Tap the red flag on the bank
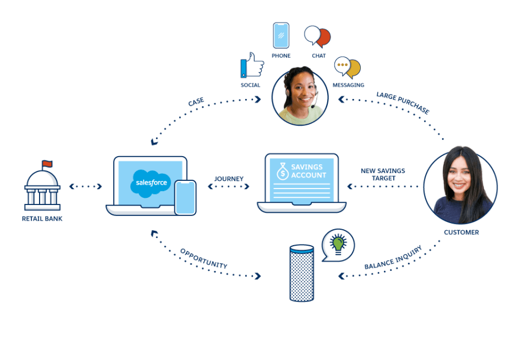pos(47,163)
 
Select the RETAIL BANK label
pos(42,219)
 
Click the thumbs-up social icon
pos(252,65)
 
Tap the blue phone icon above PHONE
pos(281,35)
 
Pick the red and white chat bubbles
pos(317,36)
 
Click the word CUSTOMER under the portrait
pos(461,232)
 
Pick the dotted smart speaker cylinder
pos(302,273)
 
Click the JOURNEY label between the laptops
pos(229,179)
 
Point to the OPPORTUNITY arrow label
pos(203,258)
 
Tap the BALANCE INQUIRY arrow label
pos(393,257)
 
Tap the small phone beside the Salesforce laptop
pos(185,197)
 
